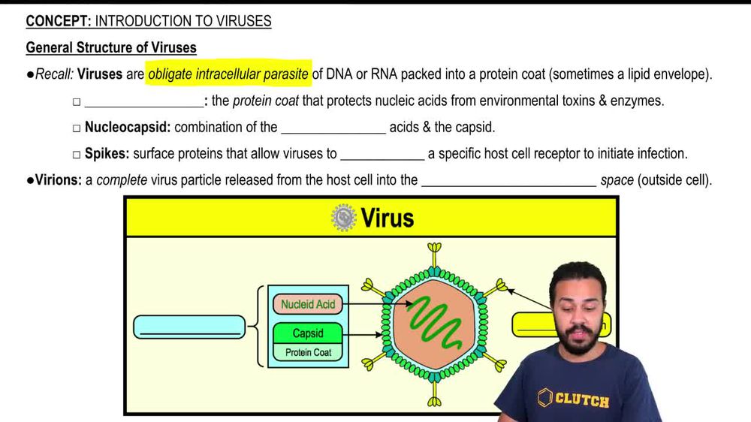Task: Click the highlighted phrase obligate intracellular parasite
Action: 228,74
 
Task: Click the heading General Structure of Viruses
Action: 111,48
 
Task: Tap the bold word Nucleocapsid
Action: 127,128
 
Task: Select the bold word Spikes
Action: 107,154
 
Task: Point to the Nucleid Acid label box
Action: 308,304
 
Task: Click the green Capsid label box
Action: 308,333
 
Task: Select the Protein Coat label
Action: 308,352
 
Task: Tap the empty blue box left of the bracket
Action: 189,327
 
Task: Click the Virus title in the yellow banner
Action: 387,218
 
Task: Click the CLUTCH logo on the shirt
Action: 573,399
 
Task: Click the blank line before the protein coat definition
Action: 143,101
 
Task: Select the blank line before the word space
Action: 508,180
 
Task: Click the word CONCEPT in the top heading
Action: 58,22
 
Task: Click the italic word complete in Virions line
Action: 121,180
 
